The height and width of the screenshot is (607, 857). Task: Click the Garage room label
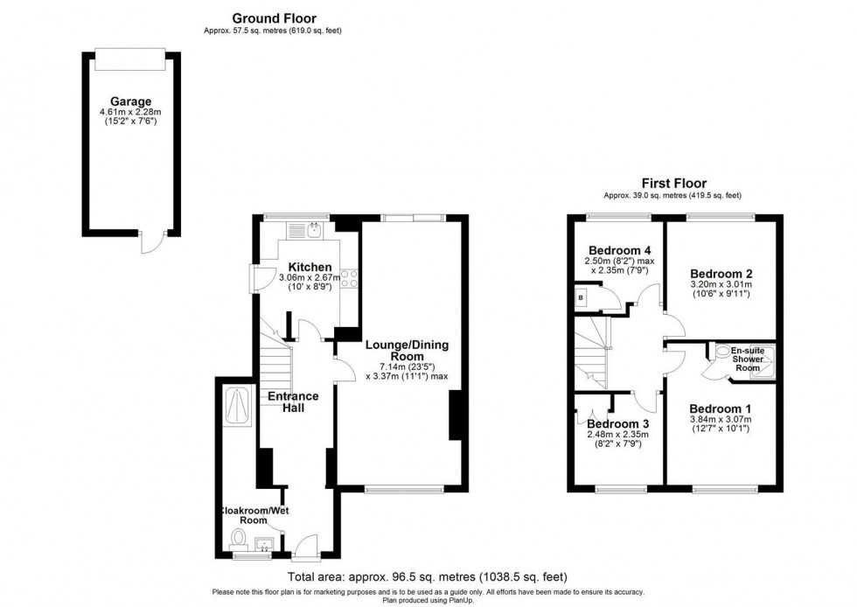click(130, 101)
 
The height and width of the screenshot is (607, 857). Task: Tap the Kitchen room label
click(304, 267)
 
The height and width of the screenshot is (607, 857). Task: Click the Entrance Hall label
click(292, 402)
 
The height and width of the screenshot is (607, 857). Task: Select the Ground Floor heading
click(274, 17)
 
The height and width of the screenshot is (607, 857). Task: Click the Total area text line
click(428, 577)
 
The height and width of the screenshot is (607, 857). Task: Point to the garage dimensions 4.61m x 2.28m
click(130, 112)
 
